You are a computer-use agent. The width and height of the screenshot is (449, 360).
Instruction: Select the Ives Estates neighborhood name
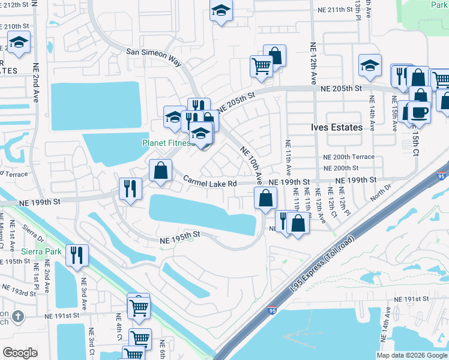click(337, 127)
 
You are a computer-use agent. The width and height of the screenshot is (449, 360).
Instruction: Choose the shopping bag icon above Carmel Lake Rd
click(160, 170)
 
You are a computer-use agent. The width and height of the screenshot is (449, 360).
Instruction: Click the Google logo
click(20, 353)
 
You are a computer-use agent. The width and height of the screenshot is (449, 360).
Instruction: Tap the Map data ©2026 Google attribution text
click(412, 355)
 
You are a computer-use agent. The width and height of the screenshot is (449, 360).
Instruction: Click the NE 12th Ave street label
click(313, 64)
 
